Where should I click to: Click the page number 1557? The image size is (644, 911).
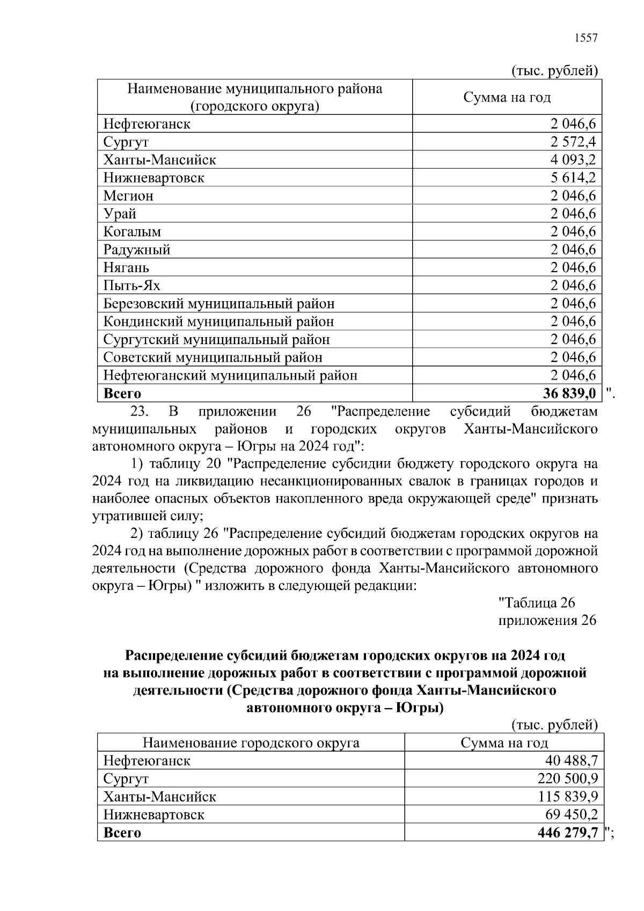point(586,38)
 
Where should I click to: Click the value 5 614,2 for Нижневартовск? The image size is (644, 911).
point(573,178)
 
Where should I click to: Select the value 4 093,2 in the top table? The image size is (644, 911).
point(573,160)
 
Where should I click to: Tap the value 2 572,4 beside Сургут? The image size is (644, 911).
point(573,142)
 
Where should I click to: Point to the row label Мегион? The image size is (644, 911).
point(128,196)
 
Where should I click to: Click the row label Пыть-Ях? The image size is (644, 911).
point(131,286)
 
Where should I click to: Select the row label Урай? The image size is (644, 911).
point(120,214)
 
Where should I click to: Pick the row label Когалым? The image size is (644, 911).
point(132,232)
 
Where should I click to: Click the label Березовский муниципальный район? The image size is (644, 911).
point(219,304)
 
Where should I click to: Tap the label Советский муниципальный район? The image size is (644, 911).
point(213,358)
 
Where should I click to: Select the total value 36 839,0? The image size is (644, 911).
point(569,393)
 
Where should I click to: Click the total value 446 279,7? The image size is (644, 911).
point(567,833)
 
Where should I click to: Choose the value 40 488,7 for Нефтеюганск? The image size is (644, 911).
point(571,761)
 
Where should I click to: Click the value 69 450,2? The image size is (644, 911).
point(571,815)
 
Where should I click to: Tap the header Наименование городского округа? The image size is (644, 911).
point(251,743)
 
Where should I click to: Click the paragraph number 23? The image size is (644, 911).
point(139,412)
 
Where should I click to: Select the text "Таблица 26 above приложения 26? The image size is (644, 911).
point(537,603)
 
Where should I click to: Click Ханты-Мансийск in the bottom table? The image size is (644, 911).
point(159,797)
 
